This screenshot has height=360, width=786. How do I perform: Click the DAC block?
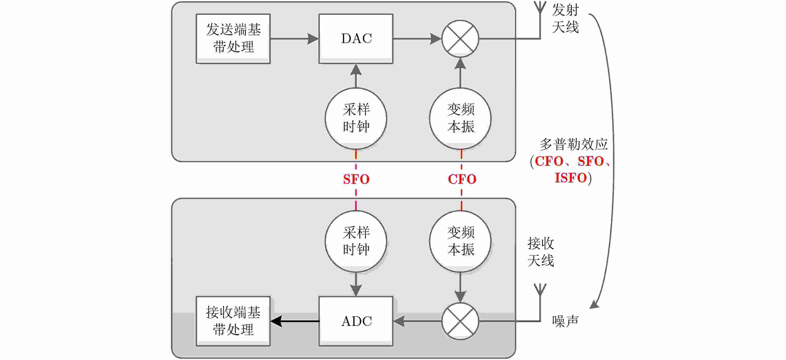coord(356,39)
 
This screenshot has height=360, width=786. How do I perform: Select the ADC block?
coord(356,321)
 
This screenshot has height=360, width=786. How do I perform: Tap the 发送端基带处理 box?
coord(233,39)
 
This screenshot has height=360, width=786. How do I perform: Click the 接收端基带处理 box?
coord(233,321)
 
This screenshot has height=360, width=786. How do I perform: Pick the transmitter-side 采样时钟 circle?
coord(356,118)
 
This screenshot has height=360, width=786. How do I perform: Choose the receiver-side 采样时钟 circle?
coord(356,241)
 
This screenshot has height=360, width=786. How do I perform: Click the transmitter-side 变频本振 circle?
coord(460,118)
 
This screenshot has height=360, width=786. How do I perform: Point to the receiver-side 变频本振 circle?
coord(460,241)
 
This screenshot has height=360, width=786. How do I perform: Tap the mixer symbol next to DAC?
coord(460,39)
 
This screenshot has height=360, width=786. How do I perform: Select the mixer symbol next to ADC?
coord(460,321)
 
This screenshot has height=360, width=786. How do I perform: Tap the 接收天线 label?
coord(541,252)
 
